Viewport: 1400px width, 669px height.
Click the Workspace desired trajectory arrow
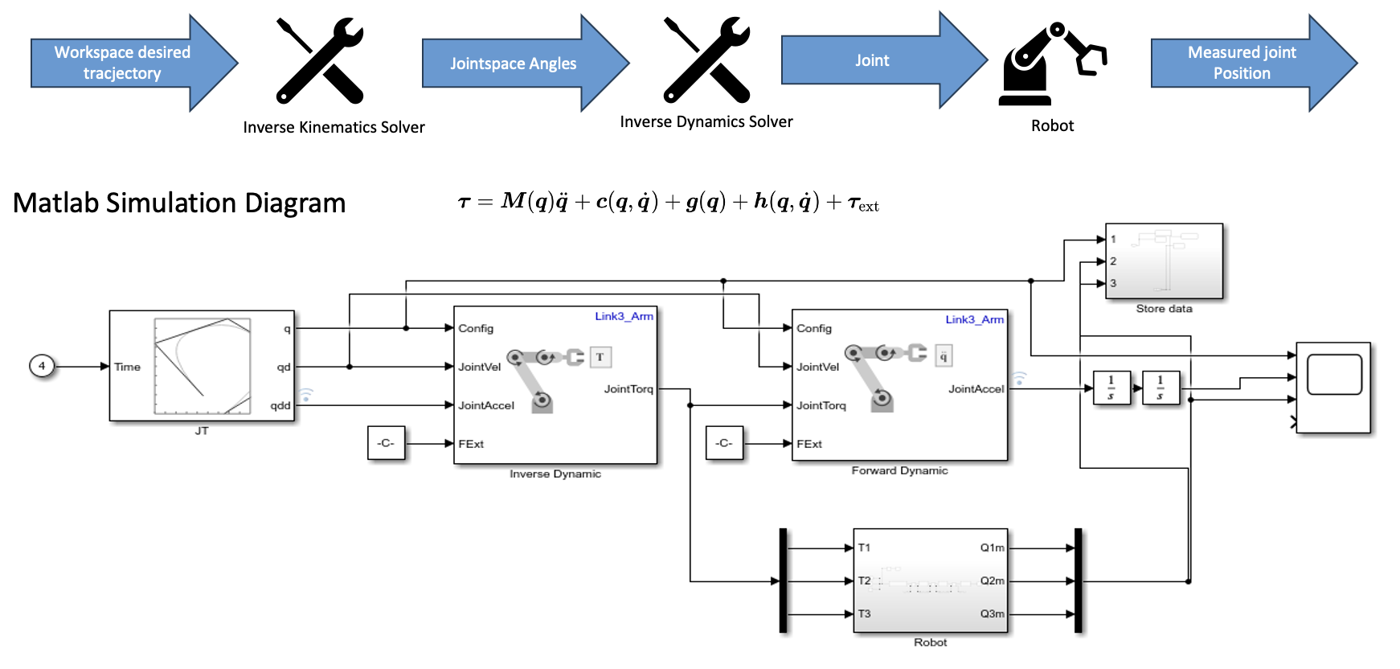click(122, 63)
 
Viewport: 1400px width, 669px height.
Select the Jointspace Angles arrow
click(513, 64)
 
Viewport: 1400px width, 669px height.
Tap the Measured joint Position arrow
click(1242, 63)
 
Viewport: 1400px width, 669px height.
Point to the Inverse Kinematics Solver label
click(334, 127)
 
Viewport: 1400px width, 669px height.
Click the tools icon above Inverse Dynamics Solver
click(706, 60)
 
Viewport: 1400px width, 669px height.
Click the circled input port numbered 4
click(42, 366)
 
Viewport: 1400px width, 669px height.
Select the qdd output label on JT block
click(280, 405)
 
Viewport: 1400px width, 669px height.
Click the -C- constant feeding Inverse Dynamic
click(386, 443)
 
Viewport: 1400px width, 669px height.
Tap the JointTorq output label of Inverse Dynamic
click(628, 389)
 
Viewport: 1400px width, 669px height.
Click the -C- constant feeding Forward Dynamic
click(724, 443)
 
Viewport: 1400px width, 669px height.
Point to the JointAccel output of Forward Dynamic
click(976, 389)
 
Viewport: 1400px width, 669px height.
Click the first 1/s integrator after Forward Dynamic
click(1111, 387)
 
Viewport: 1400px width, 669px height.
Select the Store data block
click(1164, 261)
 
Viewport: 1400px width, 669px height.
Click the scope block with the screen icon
click(1333, 388)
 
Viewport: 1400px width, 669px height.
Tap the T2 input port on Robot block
click(864, 581)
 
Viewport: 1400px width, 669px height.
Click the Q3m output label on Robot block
click(992, 614)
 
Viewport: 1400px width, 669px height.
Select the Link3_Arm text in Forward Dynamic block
click(974, 319)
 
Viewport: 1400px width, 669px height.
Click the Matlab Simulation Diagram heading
click(179, 203)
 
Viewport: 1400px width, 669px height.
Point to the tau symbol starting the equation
click(465, 202)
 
